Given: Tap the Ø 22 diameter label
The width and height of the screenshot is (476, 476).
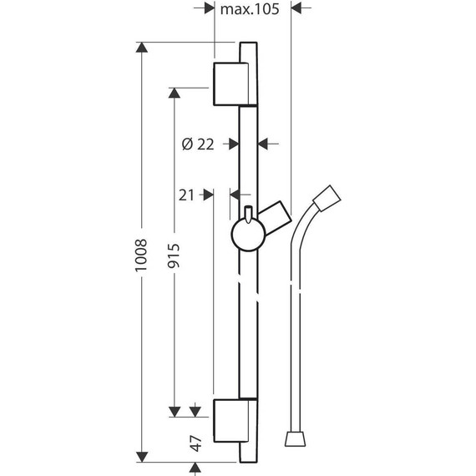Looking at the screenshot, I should coord(198,144).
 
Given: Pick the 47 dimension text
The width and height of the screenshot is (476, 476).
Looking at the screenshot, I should coord(195,443).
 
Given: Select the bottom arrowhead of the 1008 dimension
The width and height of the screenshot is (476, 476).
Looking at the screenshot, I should coord(143,456).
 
